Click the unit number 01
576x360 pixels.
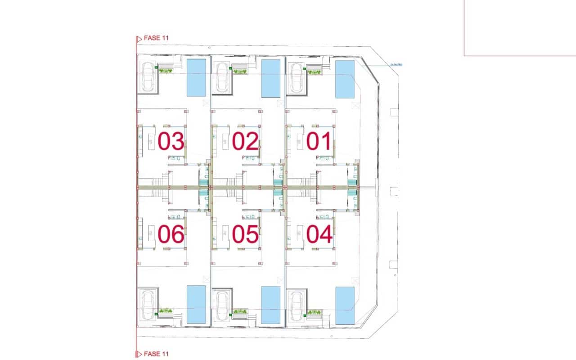click(319, 142)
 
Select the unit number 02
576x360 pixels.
click(245, 142)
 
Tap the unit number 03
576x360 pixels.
click(171, 142)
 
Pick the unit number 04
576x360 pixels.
click(319, 234)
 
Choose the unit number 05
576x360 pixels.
click(245, 234)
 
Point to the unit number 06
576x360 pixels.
click(171, 234)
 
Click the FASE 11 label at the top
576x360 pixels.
click(156, 38)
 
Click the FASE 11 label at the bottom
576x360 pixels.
click(156, 354)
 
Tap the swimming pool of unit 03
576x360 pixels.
click(196, 77)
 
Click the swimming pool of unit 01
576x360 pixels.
click(345, 79)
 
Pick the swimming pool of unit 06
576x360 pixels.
click(196, 305)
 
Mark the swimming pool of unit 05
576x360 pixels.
click(271, 305)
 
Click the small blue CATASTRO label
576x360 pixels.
click(396, 65)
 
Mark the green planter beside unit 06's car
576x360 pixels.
click(166, 311)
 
